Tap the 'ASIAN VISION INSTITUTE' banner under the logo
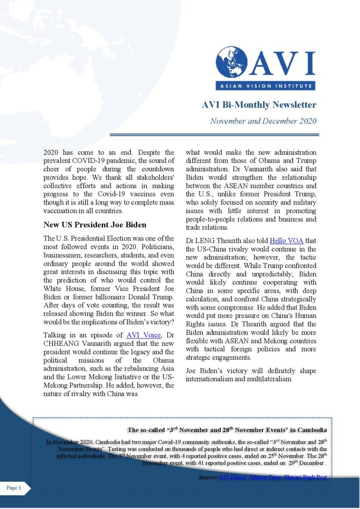tap(265, 85)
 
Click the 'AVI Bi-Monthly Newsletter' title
tap(259, 105)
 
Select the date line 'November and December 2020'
tap(263, 121)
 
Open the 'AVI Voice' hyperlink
tap(143, 335)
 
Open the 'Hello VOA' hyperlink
tap(287, 241)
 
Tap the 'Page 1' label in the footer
tap(14, 488)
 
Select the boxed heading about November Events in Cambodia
tap(227, 430)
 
